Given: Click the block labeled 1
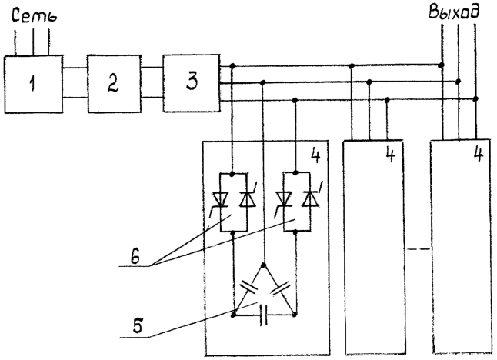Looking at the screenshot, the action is [x=33, y=84].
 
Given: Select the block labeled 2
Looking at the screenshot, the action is [x=114, y=84].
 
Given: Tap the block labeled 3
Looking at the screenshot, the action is [x=192, y=83].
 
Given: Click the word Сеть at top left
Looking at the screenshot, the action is [x=34, y=16].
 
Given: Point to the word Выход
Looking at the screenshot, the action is [x=453, y=12].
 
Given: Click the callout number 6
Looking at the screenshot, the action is [x=135, y=258].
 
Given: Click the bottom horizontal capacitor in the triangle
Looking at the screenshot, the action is [x=264, y=315].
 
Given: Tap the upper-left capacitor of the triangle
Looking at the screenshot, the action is [x=248, y=288].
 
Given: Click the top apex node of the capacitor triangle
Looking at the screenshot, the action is [x=264, y=265].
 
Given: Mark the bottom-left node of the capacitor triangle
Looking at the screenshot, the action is [x=234, y=315].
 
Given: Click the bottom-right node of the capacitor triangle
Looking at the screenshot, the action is [x=295, y=315].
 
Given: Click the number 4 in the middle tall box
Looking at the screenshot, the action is [x=390, y=155].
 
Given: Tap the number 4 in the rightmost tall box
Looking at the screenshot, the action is [x=478, y=155].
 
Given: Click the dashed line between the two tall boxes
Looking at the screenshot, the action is [x=419, y=249].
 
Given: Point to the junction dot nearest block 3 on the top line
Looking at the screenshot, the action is [x=232, y=66].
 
